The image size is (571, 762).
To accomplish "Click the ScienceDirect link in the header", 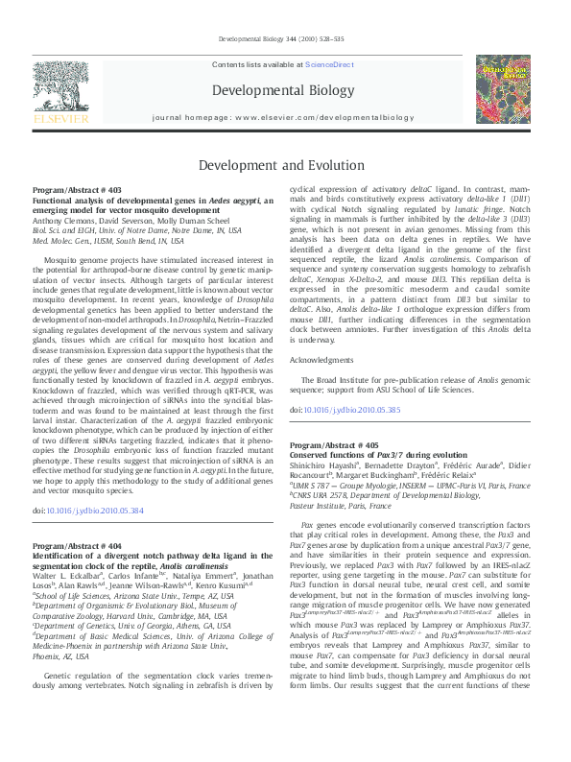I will coord(329,64).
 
